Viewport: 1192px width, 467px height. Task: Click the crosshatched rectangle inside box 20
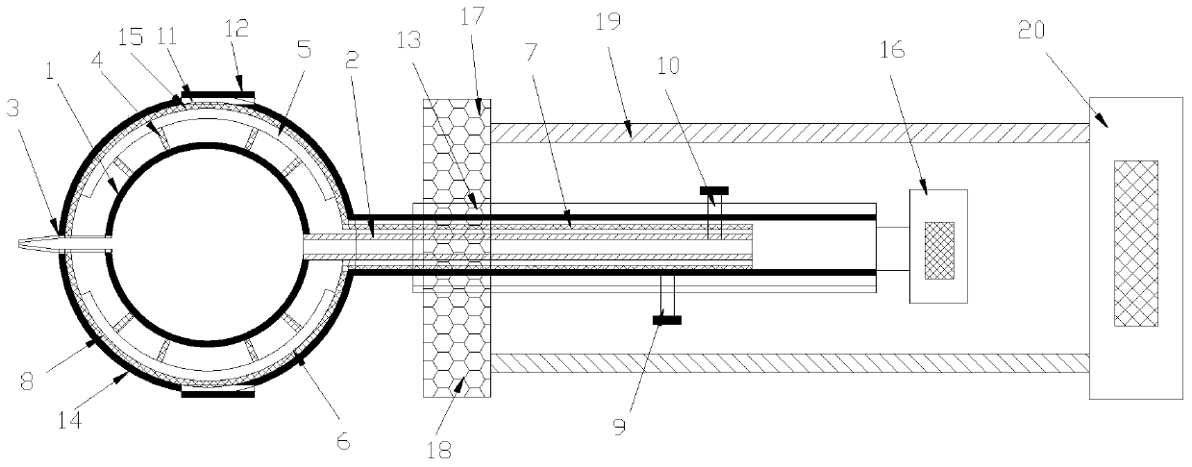tap(1135, 244)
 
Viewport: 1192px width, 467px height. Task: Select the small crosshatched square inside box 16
tap(939, 251)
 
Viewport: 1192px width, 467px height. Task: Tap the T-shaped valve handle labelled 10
tap(714, 190)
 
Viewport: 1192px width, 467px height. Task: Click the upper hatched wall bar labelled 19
tap(788, 134)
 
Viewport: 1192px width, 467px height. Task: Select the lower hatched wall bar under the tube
tap(788, 362)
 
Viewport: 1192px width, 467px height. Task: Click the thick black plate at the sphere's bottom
tap(218, 391)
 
